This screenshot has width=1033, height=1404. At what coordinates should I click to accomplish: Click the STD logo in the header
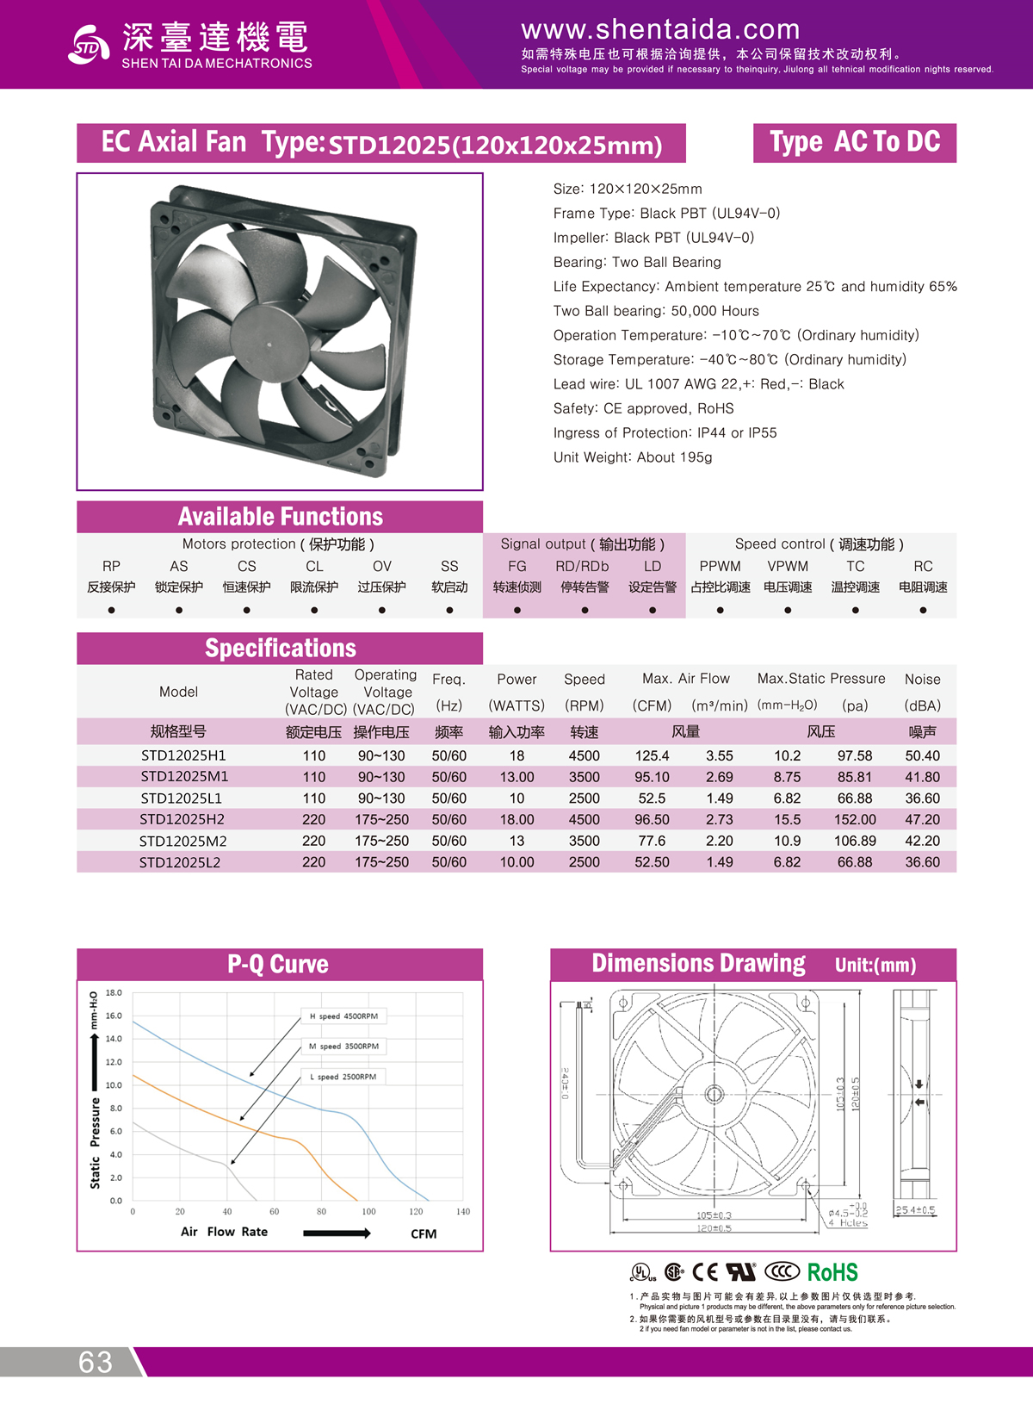[x=89, y=45]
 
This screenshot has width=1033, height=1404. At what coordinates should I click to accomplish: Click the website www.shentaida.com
[x=660, y=29]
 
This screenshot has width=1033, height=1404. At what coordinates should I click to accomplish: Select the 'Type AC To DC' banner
[x=855, y=142]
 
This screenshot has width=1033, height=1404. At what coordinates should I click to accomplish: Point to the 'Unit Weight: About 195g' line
[x=633, y=457]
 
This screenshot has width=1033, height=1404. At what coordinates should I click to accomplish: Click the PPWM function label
[x=720, y=566]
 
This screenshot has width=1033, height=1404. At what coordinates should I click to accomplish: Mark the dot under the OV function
[x=382, y=610]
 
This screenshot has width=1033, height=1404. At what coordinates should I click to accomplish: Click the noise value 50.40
[x=922, y=755]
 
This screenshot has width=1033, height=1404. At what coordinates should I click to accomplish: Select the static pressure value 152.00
[x=855, y=819]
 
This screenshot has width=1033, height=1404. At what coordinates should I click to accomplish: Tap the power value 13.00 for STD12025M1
[x=516, y=777]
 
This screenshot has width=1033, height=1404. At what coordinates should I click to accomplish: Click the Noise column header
[x=922, y=680]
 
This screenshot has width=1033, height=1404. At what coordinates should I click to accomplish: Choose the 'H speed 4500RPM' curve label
[x=343, y=1016]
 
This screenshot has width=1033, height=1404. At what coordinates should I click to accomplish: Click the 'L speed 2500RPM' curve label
[x=343, y=1077]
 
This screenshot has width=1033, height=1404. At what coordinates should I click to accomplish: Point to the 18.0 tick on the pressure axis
[x=114, y=993]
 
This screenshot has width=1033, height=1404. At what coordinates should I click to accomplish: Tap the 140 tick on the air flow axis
[x=463, y=1212]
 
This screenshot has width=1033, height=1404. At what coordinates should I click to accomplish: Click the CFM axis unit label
[x=424, y=1233]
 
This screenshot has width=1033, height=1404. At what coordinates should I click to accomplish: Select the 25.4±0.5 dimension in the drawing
[x=915, y=1210]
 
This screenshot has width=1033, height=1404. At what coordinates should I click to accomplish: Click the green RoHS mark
[x=832, y=1272]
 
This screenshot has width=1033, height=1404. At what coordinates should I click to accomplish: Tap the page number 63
[x=96, y=1362]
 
